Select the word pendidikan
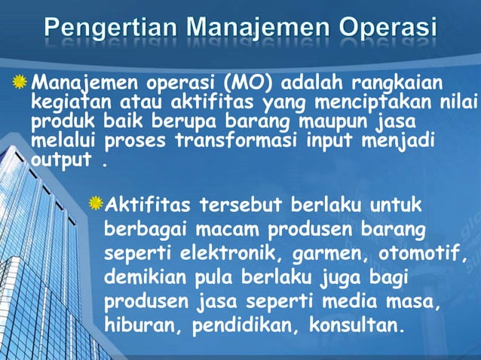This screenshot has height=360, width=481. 236,326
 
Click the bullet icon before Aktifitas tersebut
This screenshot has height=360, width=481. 95,203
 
